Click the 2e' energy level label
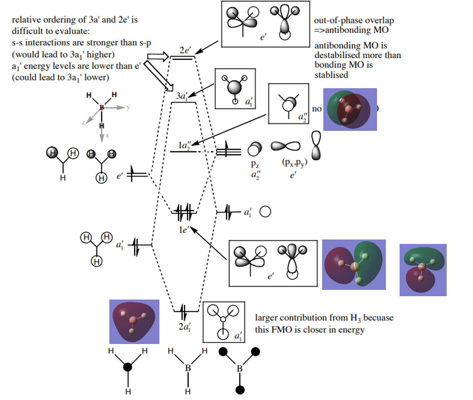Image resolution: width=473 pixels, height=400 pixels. pyautogui.click(x=185, y=50)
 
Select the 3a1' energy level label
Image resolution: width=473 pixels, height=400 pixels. pyautogui.click(x=182, y=96)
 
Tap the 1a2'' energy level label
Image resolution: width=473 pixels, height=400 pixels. pyautogui.click(x=184, y=145)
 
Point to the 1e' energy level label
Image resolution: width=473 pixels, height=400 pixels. pyautogui.click(x=183, y=230)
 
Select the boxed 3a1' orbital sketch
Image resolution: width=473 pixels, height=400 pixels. pyautogui.click(x=235, y=89)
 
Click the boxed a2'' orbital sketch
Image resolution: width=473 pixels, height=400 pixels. pyautogui.click(x=288, y=103)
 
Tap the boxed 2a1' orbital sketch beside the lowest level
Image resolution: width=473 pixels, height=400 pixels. pyautogui.click(x=224, y=322)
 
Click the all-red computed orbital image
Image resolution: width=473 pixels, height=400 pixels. pyautogui.click(x=134, y=321)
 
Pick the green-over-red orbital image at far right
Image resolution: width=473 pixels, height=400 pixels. pyautogui.click(x=423, y=270)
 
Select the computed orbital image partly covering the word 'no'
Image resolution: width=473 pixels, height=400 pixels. pyautogui.click(x=350, y=109)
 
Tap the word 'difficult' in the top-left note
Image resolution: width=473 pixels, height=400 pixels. pyautogui.click(x=25, y=31)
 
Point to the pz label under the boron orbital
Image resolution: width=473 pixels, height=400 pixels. pyautogui.click(x=255, y=164)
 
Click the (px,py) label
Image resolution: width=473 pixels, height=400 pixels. pyautogui.click(x=294, y=162)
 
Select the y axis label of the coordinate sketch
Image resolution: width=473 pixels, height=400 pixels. pyautogui.click(x=128, y=108)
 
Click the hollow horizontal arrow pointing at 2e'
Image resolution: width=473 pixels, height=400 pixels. pyautogui.click(x=158, y=57)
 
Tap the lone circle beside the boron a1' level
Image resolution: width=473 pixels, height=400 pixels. pyautogui.click(x=265, y=212)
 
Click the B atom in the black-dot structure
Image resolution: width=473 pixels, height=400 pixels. pyautogui.click(x=239, y=368)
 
